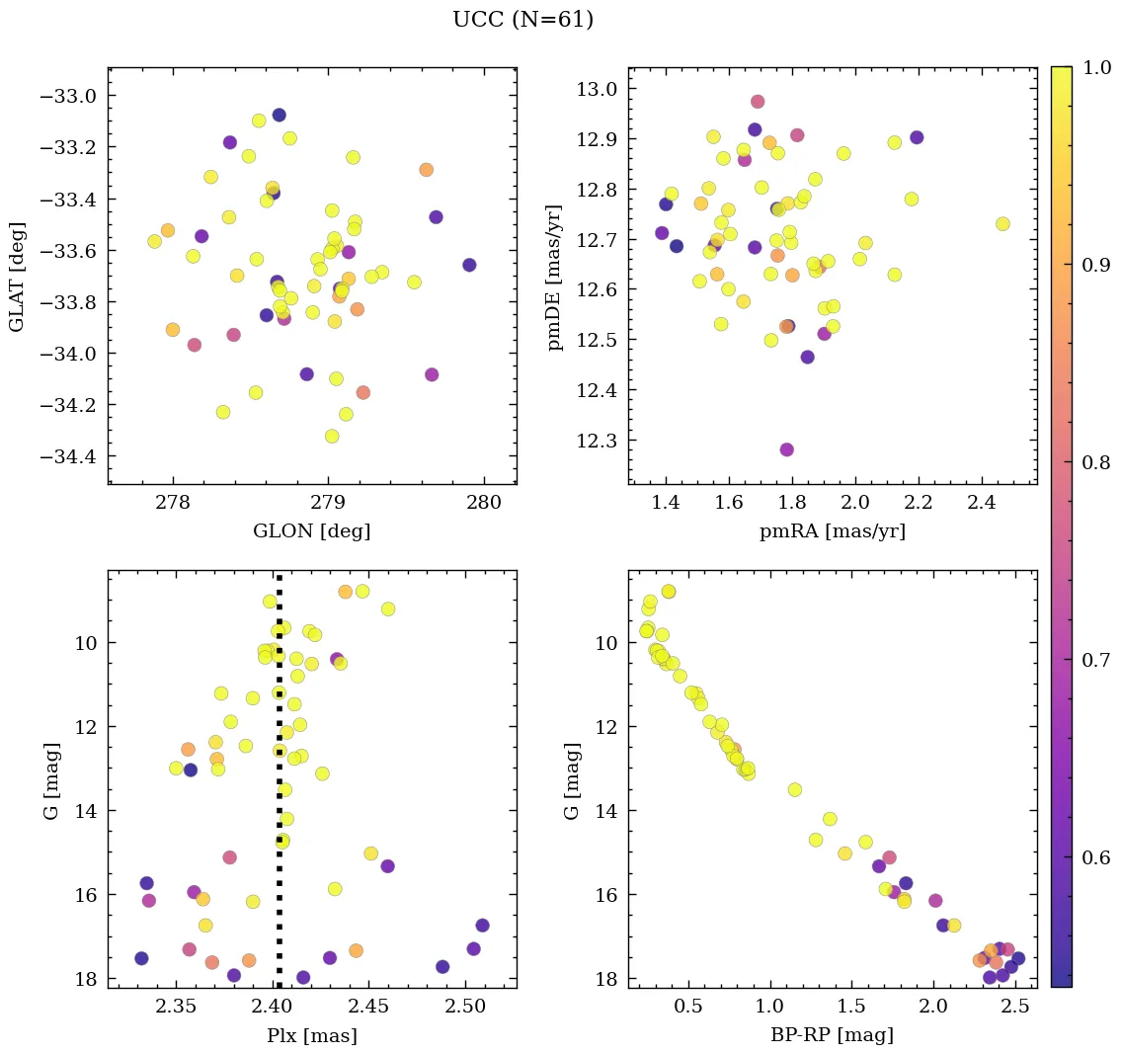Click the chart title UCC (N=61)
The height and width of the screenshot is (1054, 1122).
coord(522,20)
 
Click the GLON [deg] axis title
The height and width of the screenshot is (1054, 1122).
coord(312,531)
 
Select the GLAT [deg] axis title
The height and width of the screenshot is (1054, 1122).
coord(17,276)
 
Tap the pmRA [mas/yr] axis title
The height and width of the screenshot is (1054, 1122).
coord(832,531)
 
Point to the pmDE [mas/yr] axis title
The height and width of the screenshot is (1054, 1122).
coord(555,277)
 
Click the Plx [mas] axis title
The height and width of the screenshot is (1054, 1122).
coord(312,1035)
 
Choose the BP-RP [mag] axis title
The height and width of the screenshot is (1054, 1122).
coord(832,1035)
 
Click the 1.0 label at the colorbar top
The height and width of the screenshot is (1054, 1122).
coord(1098,68)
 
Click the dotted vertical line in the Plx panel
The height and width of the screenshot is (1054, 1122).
coord(279,790)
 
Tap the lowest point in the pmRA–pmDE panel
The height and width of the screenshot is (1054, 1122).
coord(786,449)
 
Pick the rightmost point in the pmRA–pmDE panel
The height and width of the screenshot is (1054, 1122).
coord(1002,224)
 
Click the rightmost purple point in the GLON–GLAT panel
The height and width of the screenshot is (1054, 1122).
coord(469,265)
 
